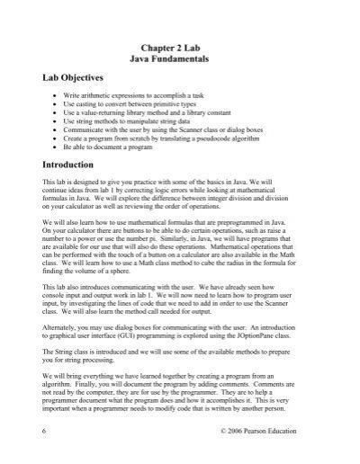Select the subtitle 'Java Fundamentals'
[180, 58]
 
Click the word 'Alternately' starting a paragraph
[61, 329]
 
